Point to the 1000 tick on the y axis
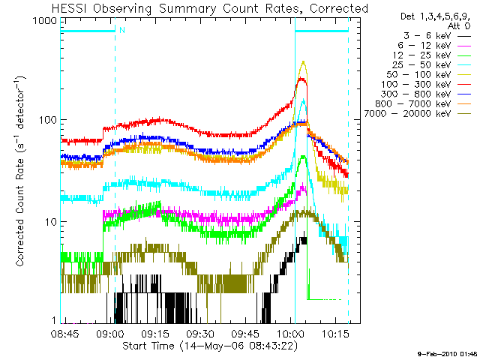point(44,21)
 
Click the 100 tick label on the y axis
point(47,120)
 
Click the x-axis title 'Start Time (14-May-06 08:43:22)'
point(205,346)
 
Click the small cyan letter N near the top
point(121,31)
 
